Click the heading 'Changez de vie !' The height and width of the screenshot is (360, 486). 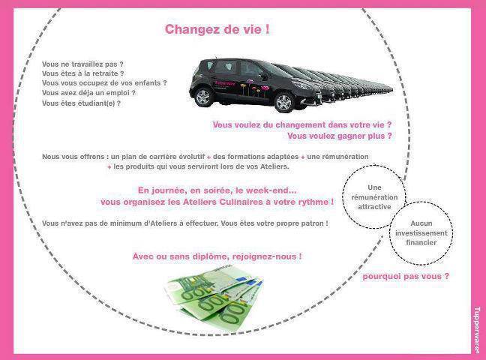[217, 29]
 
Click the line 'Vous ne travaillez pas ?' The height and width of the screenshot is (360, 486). [82, 64]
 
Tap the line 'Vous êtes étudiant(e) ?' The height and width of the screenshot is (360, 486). [81, 103]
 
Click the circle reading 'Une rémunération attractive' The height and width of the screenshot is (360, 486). [376, 196]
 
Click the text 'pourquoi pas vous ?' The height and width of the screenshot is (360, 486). [406, 276]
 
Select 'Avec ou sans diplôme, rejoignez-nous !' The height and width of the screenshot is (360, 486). [217, 256]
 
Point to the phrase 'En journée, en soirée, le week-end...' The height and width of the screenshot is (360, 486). [217, 190]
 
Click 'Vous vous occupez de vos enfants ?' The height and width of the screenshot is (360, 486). [104, 83]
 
